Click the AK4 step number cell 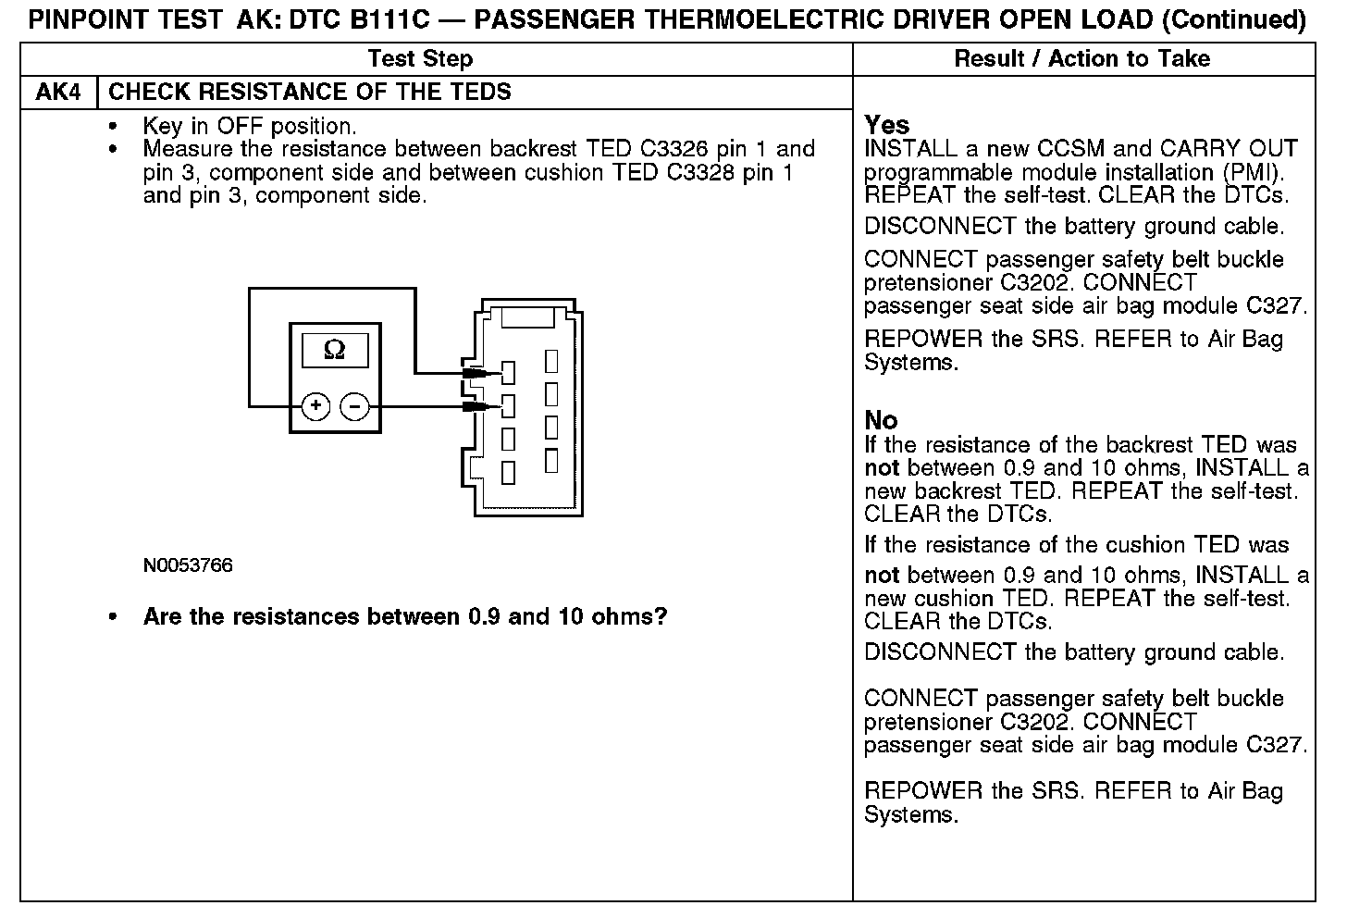pos(58,93)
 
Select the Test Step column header pos(420,59)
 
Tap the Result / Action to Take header pos(1081,59)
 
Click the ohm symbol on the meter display pos(335,350)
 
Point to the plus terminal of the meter pos(316,406)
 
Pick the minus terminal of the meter pos(354,406)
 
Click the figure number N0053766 pos(188,565)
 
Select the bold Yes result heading pos(886,125)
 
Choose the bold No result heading pos(881,420)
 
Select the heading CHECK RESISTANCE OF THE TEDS pos(310,93)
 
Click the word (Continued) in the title pos(1234,19)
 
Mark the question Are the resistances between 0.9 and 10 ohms pos(405,617)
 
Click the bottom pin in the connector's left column pos(508,472)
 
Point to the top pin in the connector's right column pos(552,361)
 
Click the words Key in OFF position pos(249,126)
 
